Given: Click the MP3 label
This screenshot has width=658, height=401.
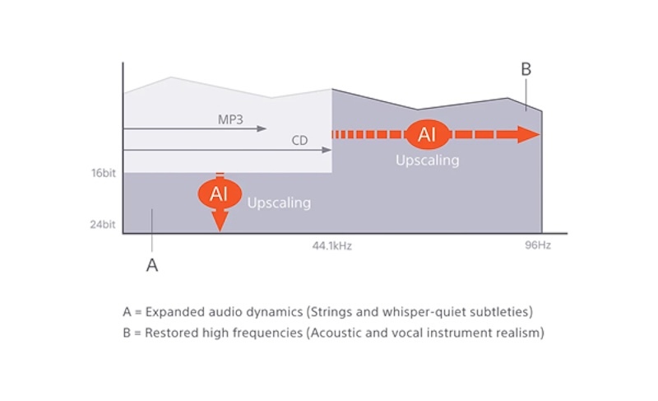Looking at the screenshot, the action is click(x=230, y=119).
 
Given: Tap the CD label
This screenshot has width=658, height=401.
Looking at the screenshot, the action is click(x=299, y=140).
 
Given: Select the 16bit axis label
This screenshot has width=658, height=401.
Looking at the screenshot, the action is click(x=104, y=173).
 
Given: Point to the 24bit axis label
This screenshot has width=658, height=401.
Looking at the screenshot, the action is click(x=102, y=225).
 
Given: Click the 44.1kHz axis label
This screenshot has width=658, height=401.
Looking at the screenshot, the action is click(x=332, y=245).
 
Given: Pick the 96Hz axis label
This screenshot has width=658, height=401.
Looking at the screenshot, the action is click(x=538, y=245).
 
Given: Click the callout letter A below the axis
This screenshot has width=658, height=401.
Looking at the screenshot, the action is click(x=152, y=265).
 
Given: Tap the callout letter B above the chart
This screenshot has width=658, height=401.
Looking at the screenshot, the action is click(x=526, y=69).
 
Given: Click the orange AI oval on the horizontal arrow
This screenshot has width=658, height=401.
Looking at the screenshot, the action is click(x=427, y=134).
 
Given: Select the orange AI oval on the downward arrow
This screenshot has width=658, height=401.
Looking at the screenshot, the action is click(x=220, y=194).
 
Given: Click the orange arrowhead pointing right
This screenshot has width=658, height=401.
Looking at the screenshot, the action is click(x=528, y=134).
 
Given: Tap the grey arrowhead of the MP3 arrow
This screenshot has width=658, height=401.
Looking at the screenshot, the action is click(x=262, y=128).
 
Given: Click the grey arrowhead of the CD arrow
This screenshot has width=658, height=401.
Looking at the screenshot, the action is click(x=327, y=150).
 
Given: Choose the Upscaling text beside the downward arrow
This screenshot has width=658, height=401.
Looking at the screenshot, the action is click(x=279, y=203).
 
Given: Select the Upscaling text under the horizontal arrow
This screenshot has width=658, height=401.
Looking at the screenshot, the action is click(x=428, y=161).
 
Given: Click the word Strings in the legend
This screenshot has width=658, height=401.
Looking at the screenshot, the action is click(x=330, y=312).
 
